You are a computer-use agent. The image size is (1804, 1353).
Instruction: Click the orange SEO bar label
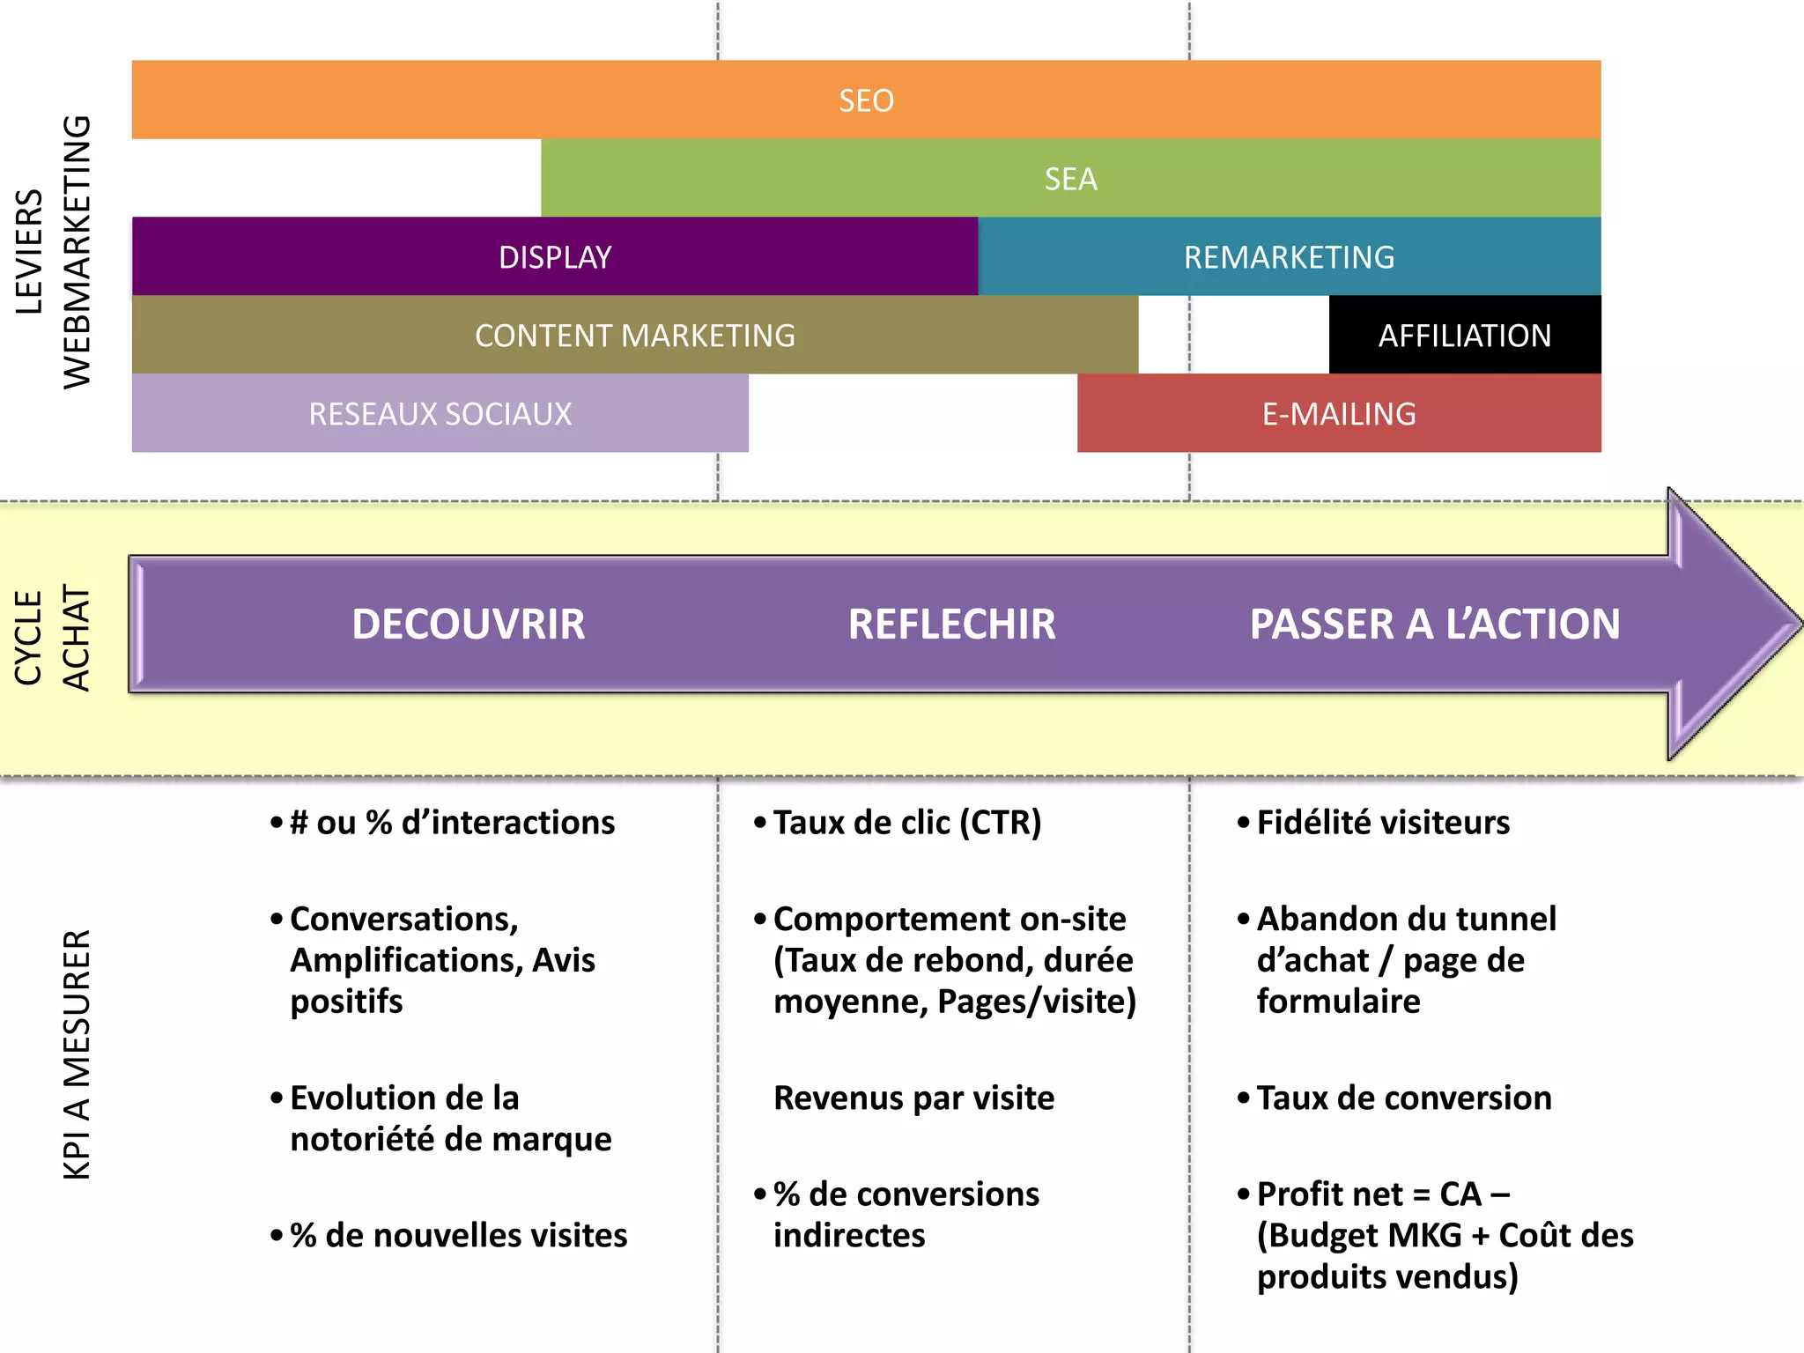point(866,100)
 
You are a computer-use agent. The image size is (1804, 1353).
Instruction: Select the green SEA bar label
point(1070,179)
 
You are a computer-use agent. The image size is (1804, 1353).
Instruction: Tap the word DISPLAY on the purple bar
point(555,257)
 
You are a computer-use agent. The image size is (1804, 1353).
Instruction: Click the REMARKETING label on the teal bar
point(1289,257)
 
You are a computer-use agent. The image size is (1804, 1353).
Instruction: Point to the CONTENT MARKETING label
point(634,336)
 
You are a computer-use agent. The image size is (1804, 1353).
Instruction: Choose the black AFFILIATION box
point(1464,336)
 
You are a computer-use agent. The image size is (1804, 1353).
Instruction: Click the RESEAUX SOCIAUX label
point(440,414)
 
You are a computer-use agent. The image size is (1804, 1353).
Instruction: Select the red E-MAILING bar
point(1339,414)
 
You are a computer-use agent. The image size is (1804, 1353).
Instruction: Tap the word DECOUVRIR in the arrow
point(468,625)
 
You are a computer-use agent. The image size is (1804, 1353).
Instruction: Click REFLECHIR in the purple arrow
point(951,625)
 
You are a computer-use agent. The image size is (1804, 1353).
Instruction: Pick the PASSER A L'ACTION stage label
point(1434,625)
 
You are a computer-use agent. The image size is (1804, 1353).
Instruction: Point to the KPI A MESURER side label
point(78,1054)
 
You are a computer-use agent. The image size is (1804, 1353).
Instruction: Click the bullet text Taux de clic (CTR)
point(906,823)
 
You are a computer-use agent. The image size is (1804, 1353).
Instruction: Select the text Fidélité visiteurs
point(1382,823)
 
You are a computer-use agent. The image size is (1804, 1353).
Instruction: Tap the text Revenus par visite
point(913,1098)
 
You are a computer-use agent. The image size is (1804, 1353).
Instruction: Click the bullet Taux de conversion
point(1403,1098)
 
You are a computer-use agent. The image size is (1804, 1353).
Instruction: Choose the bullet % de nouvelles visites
point(458,1236)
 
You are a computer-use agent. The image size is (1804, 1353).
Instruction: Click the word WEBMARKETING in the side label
point(78,252)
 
